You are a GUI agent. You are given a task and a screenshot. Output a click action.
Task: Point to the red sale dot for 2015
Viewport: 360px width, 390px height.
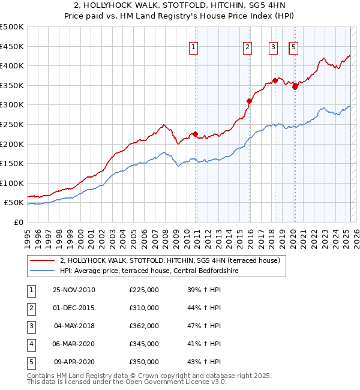tap(249, 101)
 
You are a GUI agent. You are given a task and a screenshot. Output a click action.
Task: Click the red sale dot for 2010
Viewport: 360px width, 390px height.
tap(196, 134)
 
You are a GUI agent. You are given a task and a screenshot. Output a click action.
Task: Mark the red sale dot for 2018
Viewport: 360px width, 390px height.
tap(275, 80)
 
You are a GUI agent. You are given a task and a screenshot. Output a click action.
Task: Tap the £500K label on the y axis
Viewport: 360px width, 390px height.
tap(12, 27)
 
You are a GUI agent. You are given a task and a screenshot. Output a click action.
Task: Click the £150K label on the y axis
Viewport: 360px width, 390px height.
tap(12, 163)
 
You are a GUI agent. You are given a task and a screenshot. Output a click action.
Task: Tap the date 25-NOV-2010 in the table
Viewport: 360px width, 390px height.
tap(74, 290)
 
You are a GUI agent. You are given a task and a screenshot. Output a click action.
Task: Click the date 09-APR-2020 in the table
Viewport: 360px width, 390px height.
tap(74, 362)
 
